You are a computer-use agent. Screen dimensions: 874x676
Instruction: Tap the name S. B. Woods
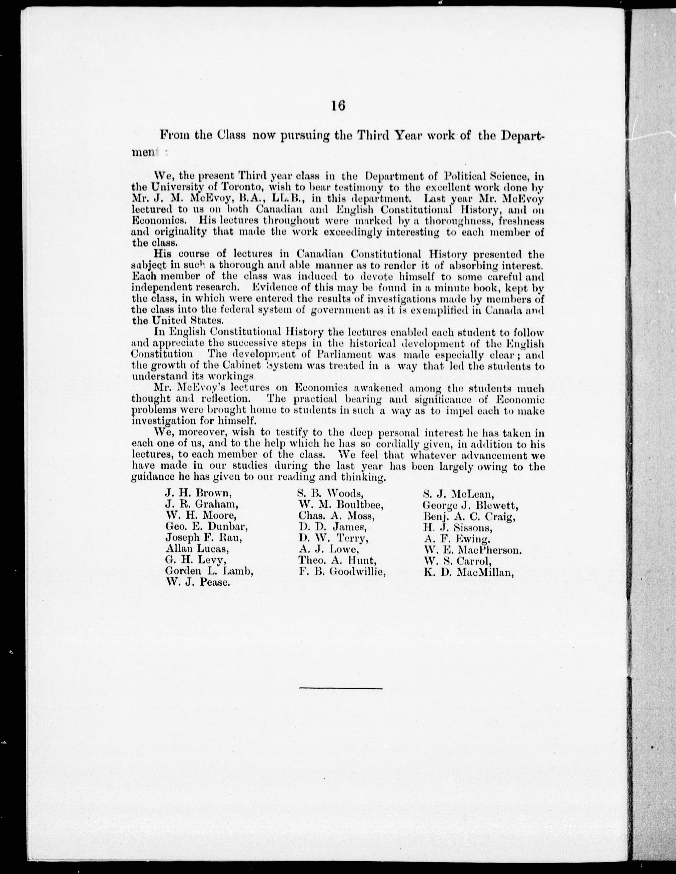point(331,494)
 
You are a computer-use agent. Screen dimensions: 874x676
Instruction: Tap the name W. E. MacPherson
point(473,550)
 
